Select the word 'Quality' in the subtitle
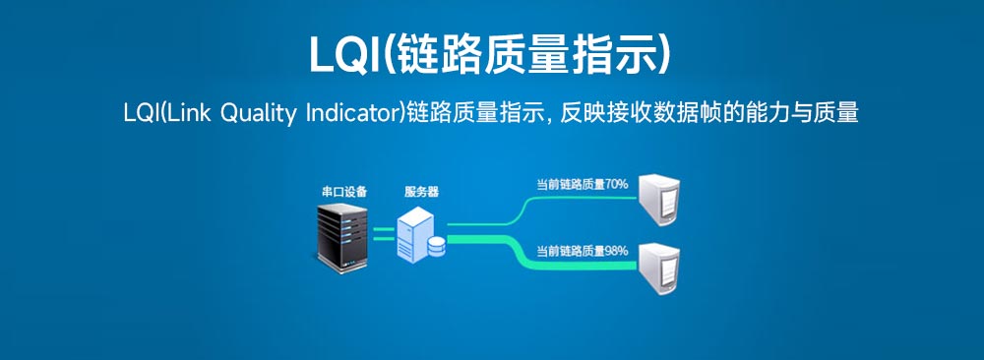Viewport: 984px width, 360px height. pyautogui.click(x=258, y=114)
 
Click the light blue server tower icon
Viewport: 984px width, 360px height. pyautogui.click(x=415, y=232)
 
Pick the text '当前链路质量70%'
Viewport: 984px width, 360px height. pyautogui.click(x=582, y=184)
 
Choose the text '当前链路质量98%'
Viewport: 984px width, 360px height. pyautogui.click(x=582, y=252)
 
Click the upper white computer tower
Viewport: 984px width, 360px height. pyautogui.click(x=659, y=200)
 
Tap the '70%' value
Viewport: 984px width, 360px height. pyautogui.click(x=617, y=184)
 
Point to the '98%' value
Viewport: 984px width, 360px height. pyautogui.click(x=617, y=252)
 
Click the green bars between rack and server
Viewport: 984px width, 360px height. pyautogui.click(x=383, y=234)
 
